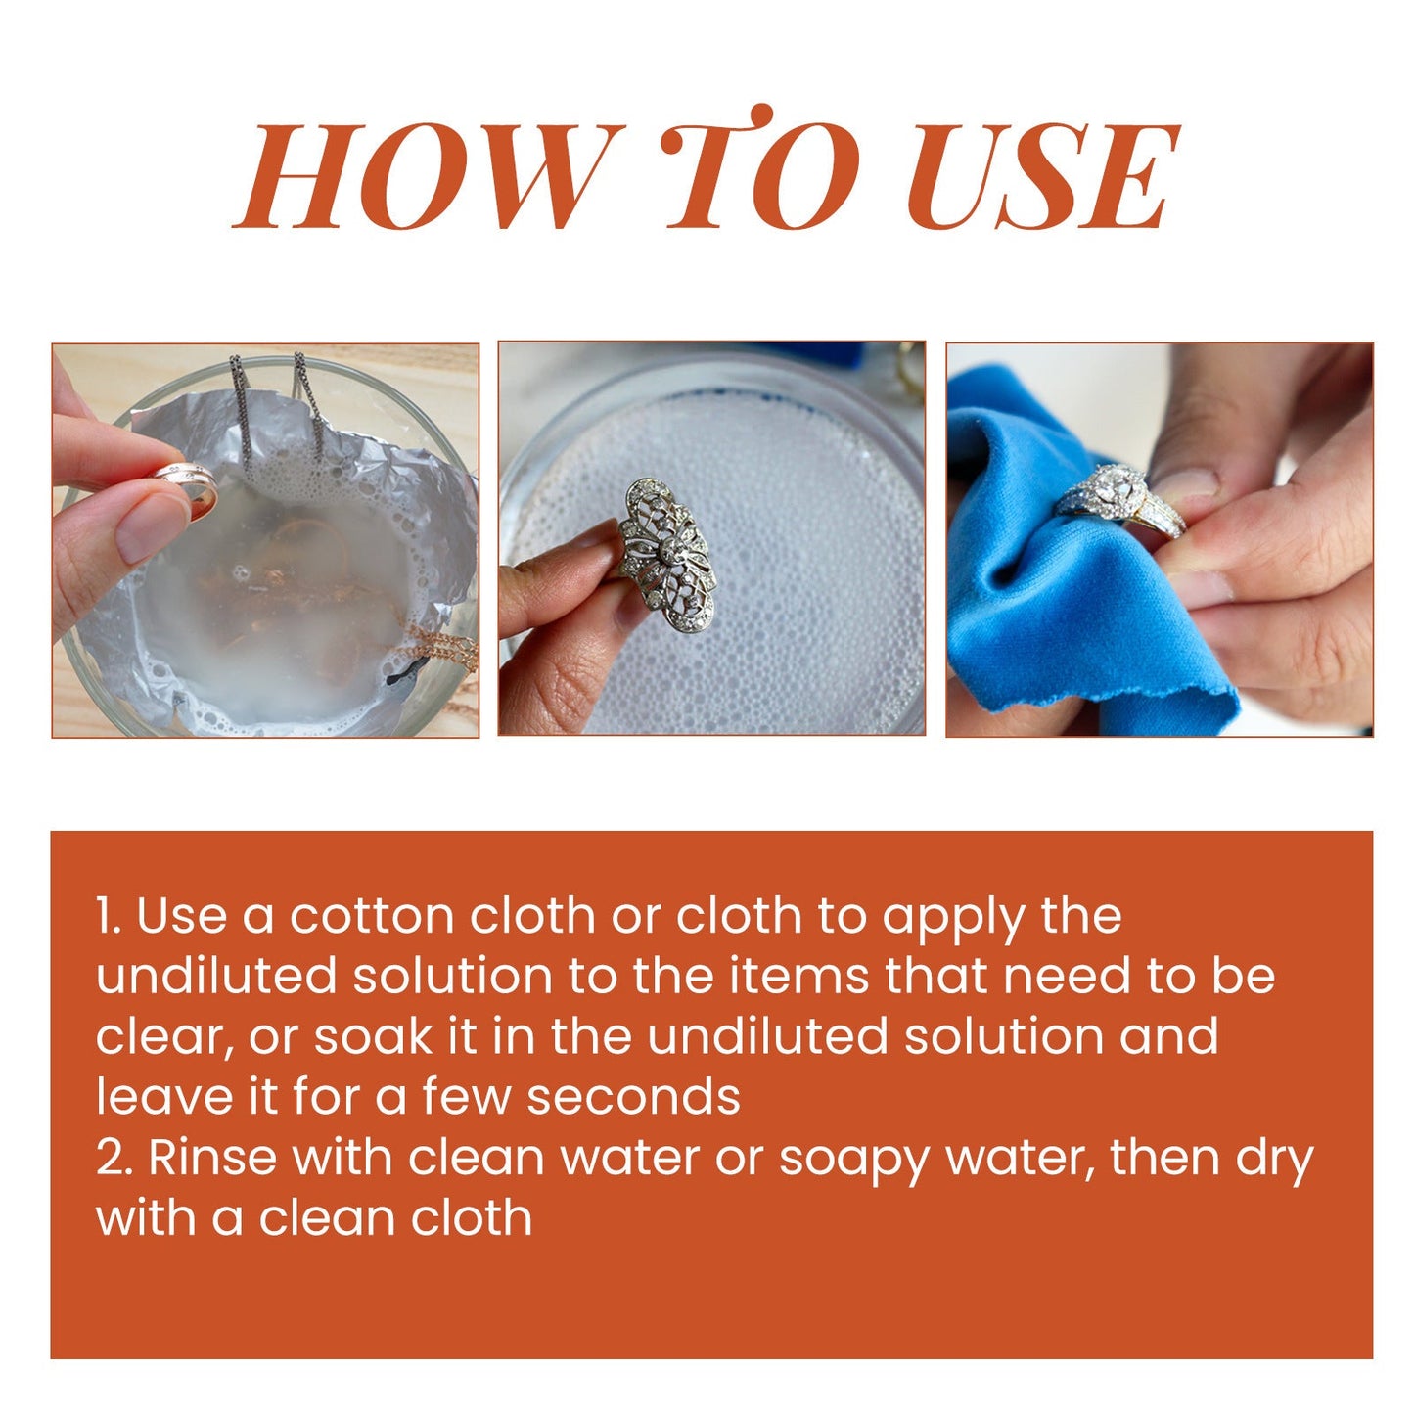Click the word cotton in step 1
point(372,916)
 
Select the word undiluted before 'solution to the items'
point(216,976)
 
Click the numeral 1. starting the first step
point(108,916)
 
